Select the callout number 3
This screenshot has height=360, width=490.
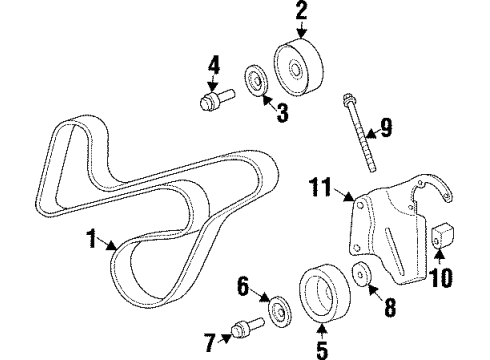(x=282, y=115)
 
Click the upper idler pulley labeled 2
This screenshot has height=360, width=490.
(x=301, y=65)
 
